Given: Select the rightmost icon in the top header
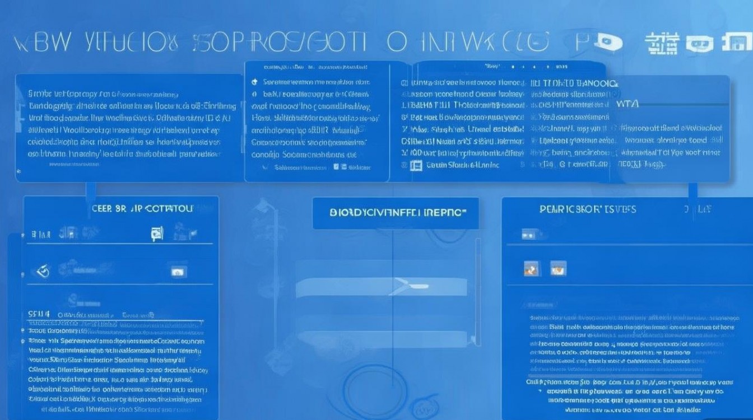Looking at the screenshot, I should tap(734, 43).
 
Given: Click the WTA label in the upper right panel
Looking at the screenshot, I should tap(627, 105).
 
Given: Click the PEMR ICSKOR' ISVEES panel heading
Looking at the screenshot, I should tap(588, 209).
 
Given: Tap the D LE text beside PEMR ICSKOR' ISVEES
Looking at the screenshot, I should tap(697, 209).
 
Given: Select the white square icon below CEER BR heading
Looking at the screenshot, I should tap(157, 234).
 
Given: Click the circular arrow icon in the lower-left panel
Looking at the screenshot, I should tap(43, 272).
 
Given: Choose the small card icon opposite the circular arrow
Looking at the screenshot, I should tap(178, 272).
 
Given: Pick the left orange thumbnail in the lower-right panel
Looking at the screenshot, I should tap(531, 268).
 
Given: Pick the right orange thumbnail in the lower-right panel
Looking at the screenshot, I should tap(558, 268).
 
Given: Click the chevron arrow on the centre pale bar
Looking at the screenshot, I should tap(401, 286).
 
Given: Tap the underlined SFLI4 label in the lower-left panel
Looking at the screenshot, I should tap(39, 314).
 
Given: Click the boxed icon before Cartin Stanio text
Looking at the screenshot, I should tap(416, 165).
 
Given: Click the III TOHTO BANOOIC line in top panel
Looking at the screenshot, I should tap(574, 83).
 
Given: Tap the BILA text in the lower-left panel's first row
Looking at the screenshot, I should tap(41, 234).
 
